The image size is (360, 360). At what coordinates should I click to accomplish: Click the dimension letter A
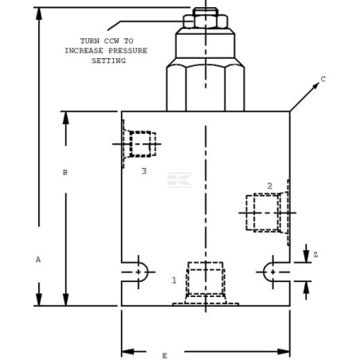[37, 260]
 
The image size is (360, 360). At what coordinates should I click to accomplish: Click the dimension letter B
[65, 172]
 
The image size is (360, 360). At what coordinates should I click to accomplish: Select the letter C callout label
[323, 79]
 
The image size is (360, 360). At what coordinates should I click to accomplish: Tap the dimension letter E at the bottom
[165, 355]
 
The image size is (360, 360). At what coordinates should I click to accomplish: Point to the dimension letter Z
[315, 255]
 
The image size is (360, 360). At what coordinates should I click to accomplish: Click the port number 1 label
[174, 280]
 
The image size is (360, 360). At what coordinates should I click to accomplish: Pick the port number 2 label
[269, 186]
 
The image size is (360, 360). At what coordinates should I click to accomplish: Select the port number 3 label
[143, 170]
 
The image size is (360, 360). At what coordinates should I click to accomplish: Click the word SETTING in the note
[109, 61]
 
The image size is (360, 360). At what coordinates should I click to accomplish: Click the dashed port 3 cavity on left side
[140, 144]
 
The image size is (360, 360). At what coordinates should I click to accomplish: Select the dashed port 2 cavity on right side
[263, 213]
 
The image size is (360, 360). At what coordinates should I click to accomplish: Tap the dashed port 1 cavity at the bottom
[205, 281]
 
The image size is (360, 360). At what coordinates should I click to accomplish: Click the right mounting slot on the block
[276, 272]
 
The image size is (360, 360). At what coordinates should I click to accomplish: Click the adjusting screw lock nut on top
[205, 21]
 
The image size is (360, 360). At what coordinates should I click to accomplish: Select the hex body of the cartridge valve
[205, 88]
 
